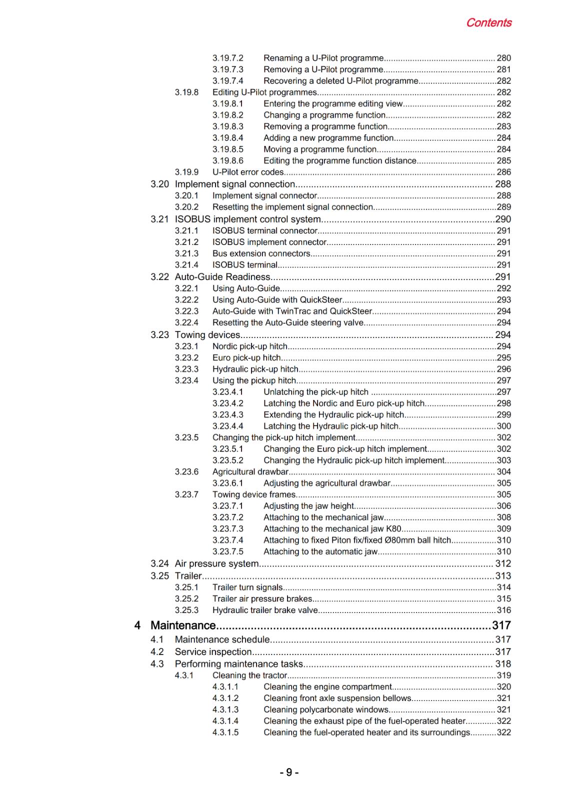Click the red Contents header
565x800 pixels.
point(488,23)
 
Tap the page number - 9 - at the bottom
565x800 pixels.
point(289,772)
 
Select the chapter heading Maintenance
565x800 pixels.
point(183,625)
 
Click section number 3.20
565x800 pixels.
point(159,184)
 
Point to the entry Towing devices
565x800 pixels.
point(207,335)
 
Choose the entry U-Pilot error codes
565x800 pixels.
point(248,172)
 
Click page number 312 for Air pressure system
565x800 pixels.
point(503,564)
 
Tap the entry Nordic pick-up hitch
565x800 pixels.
point(250,346)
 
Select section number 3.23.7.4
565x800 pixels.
point(228,540)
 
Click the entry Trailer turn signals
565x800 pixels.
point(247,587)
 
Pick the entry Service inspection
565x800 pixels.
point(213,652)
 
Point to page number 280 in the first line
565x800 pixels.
point(503,58)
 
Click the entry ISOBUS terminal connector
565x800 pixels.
point(265,231)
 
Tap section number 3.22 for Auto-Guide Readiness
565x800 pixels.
point(159,277)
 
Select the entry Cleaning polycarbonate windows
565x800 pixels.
point(326,710)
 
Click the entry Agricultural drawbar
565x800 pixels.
point(250,472)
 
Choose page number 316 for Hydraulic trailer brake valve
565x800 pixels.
point(503,610)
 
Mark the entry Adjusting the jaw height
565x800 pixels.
point(308,506)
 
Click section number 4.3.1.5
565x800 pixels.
point(225,733)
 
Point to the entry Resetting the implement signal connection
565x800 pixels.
point(292,207)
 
